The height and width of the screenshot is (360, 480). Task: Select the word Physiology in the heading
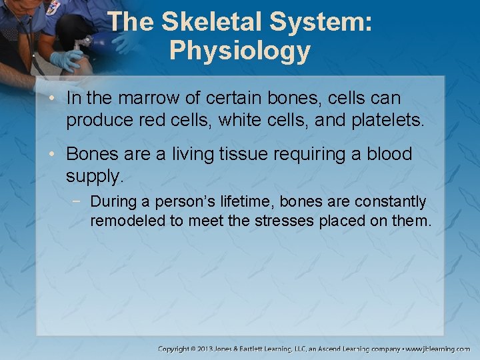239,51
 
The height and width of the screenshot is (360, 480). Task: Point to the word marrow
149,99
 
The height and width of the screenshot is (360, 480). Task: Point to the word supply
94,176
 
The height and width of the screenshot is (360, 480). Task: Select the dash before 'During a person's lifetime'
80,201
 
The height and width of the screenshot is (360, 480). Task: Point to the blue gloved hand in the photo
67,59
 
